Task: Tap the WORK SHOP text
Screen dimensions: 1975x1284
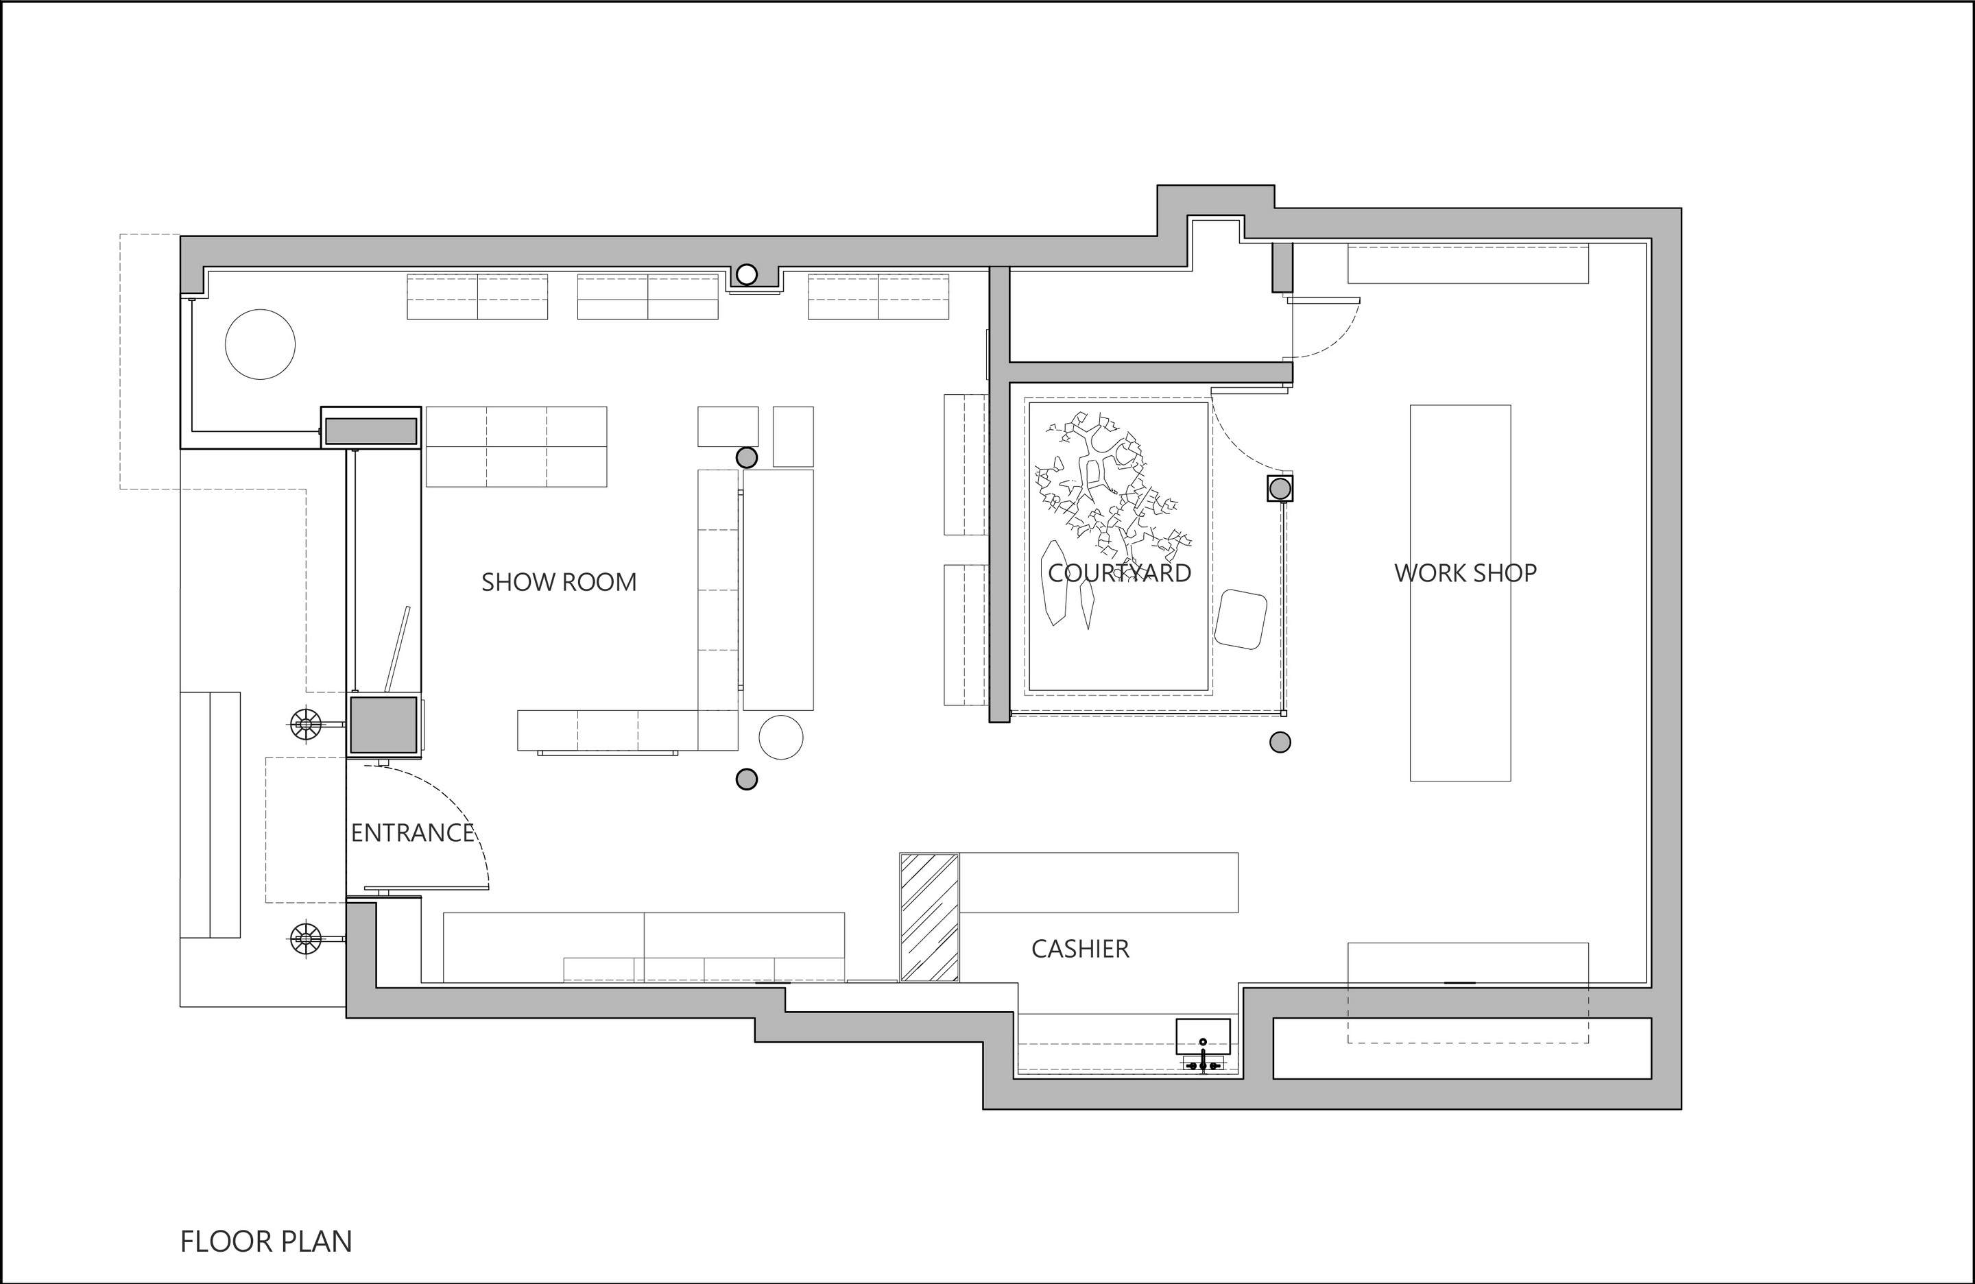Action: pos(1465,573)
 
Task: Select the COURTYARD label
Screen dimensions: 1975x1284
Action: pos(1119,573)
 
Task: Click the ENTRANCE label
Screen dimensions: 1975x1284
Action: pos(412,833)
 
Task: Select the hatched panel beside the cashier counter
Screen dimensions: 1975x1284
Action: pos(929,917)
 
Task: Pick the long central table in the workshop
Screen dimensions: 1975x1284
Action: pos(1461,593)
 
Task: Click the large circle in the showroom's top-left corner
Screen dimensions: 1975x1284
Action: pos(261,344)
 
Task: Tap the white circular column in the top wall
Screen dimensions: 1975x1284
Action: pos(747,274)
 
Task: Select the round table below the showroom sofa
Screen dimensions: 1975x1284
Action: pos(781,736)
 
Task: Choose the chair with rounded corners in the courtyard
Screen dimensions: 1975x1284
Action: pos(1241,619)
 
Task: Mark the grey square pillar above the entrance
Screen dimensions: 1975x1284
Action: pos(383,725)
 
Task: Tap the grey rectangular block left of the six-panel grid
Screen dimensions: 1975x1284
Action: pos(371,431)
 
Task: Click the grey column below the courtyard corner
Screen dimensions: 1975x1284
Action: pos(1280,742)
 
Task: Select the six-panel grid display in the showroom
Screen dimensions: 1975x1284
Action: pos(516,446)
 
